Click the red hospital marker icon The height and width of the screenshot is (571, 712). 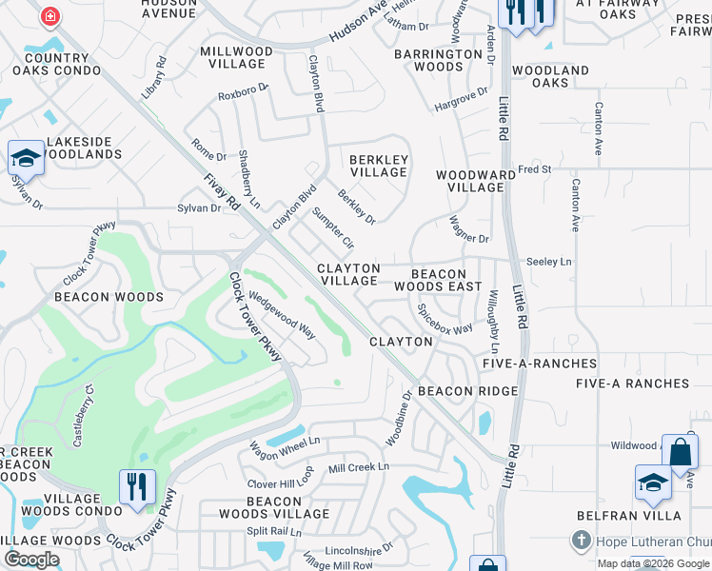(x=49, y=16)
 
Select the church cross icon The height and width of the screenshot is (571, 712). (x=582, y=541)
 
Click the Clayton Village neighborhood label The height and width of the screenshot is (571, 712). (x=348, y=275)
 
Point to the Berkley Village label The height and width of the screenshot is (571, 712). (x=379, y=167)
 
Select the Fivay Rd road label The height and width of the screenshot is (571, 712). (x=219, y=191)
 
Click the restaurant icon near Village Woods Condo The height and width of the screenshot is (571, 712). (x=137, y=486)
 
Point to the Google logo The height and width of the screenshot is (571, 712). (x=31, y=560)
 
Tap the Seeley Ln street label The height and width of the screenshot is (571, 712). (x=549, y=262)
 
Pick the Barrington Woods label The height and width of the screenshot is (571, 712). (x=439, y=60)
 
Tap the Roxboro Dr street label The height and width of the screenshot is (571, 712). (x=244, y=94)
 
